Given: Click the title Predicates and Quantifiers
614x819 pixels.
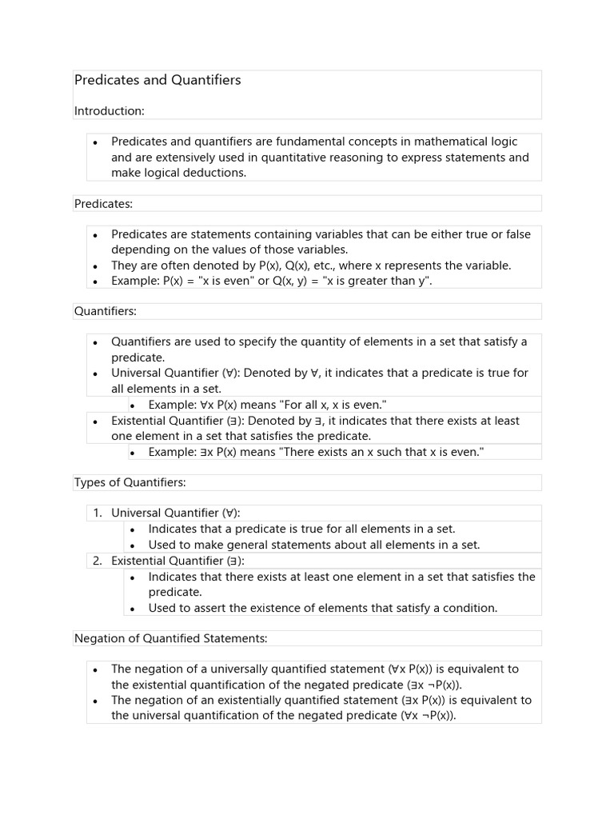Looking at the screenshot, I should click(157, 80).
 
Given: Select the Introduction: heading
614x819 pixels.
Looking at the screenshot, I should click(110, 110).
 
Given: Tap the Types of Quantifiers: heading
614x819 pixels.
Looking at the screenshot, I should click(130, 482).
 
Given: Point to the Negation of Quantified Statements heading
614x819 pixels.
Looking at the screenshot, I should click(170, 638).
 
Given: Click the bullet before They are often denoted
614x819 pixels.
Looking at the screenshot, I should click(94, 266).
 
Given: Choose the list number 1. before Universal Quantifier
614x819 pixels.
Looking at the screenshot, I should click(97, 513).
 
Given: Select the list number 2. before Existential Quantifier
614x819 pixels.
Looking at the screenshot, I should click(97, 561).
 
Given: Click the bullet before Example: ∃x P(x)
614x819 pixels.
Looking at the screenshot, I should click(132, 453).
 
